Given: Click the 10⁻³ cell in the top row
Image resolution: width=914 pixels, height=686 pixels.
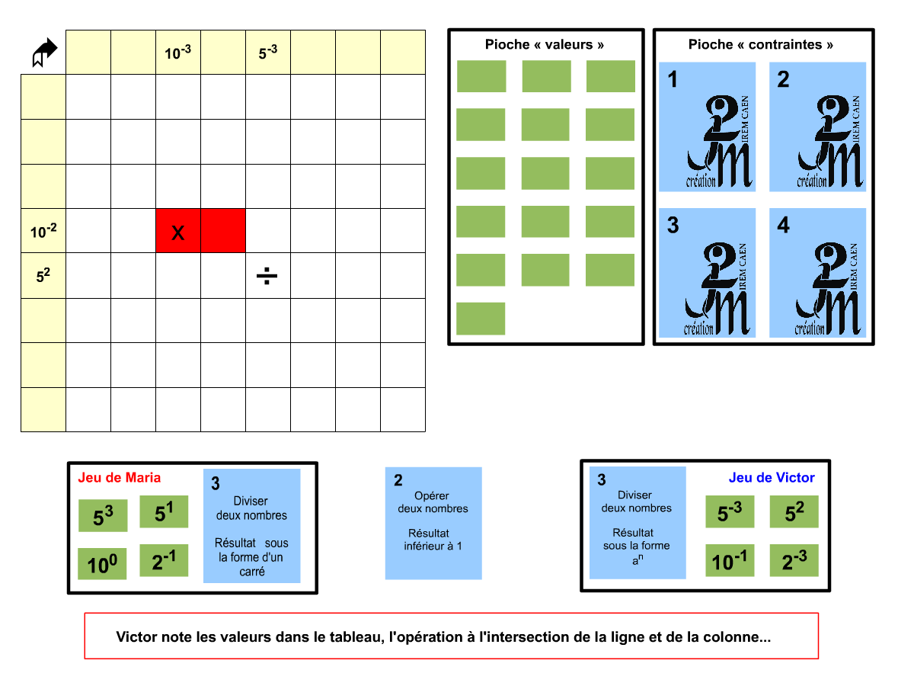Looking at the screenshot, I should (x=178, y=53).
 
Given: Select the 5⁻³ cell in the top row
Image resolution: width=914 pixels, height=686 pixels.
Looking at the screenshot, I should (x=268, y=53).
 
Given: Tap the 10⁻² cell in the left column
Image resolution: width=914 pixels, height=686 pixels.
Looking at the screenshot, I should (x=43, y=231).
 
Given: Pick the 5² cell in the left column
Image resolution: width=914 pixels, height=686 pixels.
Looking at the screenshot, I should (x=43, y=275).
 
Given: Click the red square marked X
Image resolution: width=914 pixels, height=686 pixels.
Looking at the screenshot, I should (x=178, y=231).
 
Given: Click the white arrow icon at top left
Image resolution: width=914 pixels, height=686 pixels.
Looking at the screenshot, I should (x=45, y=52).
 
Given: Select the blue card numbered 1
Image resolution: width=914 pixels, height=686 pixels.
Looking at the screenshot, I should (x=708, y=127).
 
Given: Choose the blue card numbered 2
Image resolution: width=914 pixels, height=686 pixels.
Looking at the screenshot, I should (x=818, y=127).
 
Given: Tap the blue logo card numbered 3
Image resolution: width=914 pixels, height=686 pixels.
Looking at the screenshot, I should (x=708, y=273).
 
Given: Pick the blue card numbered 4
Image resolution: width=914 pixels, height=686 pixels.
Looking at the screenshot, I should (x=818, y=273).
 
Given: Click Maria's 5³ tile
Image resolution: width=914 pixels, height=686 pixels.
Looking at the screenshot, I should (x=103, y=516).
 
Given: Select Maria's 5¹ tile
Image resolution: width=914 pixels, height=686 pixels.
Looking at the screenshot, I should (x=164, y=512).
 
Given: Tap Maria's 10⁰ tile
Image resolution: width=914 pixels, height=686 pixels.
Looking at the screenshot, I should (x=103, y=564).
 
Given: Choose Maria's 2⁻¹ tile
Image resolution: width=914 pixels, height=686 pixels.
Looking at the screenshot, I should (x=164, y=560).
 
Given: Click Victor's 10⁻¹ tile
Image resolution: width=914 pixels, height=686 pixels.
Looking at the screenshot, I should (x=730, y=561).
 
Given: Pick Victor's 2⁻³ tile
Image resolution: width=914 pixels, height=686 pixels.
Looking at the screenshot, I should (x=794, y=561).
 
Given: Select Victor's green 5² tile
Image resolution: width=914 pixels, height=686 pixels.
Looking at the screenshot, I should (x=794, y=512).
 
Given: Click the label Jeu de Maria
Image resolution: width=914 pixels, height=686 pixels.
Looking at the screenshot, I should (x=120, y=478).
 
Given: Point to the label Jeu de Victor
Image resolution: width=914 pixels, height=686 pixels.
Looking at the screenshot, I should (x=772, y=478).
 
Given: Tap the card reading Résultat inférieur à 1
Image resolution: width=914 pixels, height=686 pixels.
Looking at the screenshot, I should (x=433, y=524).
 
